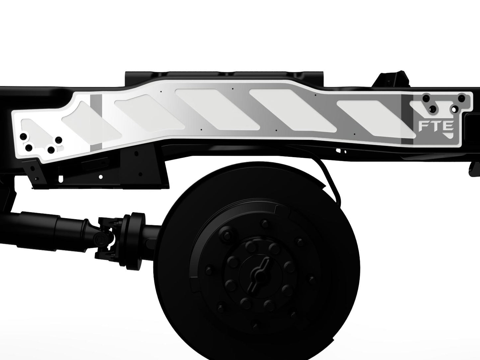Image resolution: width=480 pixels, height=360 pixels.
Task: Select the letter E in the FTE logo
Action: [447, 126]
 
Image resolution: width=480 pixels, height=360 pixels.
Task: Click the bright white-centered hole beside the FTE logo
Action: [453, 109]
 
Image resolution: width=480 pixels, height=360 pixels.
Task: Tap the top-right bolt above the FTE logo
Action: [461, 98]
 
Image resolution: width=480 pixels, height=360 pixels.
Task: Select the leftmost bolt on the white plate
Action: [23, 137]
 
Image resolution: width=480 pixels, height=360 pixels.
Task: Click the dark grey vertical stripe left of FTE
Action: [406, 120]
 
